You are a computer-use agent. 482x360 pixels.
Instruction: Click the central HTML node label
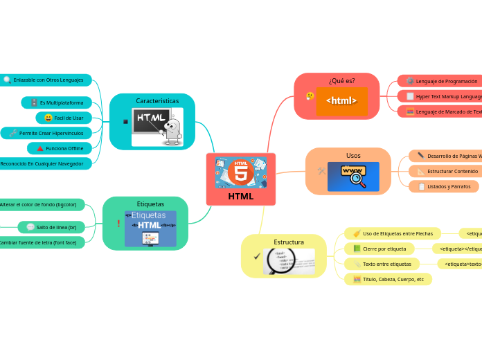(240, 197)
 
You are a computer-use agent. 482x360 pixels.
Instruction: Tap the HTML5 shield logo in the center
(241, 171)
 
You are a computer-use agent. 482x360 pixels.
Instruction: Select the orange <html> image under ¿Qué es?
(341, 101)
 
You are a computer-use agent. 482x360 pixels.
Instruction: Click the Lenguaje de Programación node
(441, 81)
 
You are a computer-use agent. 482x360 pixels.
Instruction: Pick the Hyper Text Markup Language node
(443, 96)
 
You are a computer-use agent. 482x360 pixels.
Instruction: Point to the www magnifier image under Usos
(353, 177)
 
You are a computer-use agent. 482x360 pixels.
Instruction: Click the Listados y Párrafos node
(443, 186)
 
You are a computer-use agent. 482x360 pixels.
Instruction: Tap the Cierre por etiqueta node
(380, 249)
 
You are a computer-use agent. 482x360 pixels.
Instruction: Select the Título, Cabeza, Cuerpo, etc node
(388, 279)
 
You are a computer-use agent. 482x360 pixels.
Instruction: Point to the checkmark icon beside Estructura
(257, 256)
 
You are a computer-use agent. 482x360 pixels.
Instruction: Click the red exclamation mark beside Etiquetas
(118, 223)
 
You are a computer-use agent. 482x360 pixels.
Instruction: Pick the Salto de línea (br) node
(51, 227)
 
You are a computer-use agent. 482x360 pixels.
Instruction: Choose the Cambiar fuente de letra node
(39, 242)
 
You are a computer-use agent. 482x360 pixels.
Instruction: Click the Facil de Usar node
(64, 118)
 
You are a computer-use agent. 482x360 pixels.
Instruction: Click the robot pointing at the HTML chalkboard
(172, 130)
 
